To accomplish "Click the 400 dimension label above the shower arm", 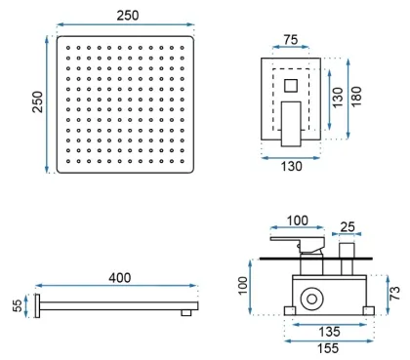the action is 120,278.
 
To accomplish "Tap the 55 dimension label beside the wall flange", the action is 18,305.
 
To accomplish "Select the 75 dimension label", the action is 291,39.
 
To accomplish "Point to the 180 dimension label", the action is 356,97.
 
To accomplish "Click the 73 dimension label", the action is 394,293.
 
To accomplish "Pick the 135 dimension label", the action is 329,332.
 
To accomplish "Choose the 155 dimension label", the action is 328,348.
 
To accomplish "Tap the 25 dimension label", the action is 348,226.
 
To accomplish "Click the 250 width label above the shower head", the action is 128,16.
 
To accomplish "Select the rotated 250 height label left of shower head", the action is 37,101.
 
